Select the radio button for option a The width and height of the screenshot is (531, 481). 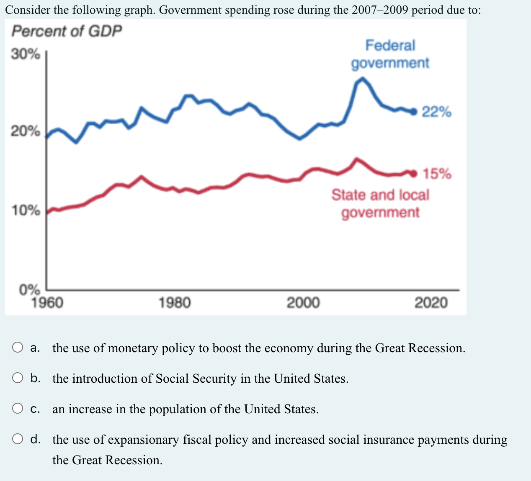pyautogui.click(x=18, y=348)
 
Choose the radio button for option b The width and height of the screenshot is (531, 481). pyautogui.click(x=18, y=378)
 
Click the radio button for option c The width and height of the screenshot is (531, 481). pyautogui.click(x=18, y=409)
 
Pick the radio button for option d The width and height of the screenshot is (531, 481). pyautogui.click(x=18, y=439)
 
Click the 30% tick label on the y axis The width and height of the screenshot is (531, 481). pyautogui.click(x=26, y=54)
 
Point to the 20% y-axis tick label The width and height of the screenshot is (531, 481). pyautogui.click(x=26, y=131)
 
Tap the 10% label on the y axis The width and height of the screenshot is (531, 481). pyautogui.click(x=26, y=210)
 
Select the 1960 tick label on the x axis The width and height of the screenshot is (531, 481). pyautogui.click(x=47, y=302)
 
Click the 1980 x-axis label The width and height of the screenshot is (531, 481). pyautogui.click(x=175, y=302)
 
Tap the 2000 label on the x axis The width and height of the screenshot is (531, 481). pyautogui.click(x=303, y=302)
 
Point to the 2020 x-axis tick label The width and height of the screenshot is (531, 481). pyautogui.click(x=431, y=302)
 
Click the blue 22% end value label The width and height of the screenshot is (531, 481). pyautogui.click(x=436, y=112)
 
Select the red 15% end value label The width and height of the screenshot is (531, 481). pyautogui.click(x=437, y=174)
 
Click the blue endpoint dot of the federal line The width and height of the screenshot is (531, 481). pyautogui.click(x=414, y=111)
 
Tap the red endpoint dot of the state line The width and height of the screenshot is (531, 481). pyautogui.click(x=415, y=173)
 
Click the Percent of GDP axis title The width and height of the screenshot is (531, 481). pyautogui.click(x=67, y=31)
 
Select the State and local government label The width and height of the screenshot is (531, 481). pyautogui.click(x=380, y=203)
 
